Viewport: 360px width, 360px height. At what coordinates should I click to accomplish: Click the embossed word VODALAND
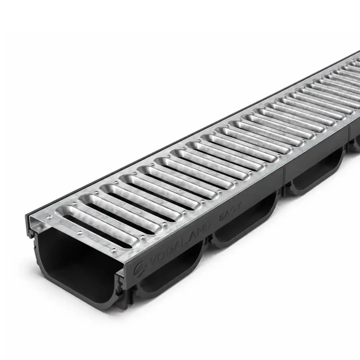180,245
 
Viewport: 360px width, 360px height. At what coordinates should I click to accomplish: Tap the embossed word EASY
230,211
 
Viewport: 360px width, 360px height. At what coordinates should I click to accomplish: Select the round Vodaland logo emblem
140,269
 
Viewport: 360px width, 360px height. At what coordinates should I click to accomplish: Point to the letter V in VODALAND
155,259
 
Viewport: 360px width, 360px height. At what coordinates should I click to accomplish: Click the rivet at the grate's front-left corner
49,217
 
